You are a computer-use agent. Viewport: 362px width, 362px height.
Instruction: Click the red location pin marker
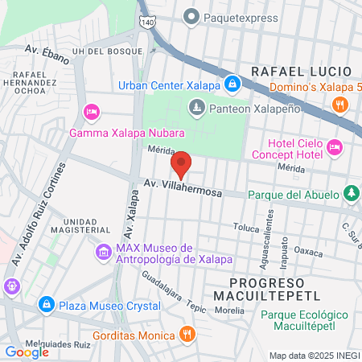click(x=181, y=164)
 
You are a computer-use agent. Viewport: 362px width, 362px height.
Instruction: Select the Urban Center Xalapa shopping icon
click(x=232, y=84)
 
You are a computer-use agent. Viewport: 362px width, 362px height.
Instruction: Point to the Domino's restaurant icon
click(x=340, y=104)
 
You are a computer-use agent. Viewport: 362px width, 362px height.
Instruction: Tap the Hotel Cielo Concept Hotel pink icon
click(x=334, y=146)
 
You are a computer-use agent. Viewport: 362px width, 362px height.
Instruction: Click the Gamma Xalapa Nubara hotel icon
click(x=91, y=111)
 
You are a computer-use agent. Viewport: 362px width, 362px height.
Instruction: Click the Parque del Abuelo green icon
click(x=352, y=193)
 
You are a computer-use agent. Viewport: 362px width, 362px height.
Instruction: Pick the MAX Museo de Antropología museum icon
click(x=103, y=253)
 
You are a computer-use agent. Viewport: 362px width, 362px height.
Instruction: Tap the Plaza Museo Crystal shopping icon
click(x=47, y=305)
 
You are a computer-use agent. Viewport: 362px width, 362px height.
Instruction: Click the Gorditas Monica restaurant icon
click(x=187, y=334)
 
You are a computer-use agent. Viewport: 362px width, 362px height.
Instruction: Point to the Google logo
click(x=27, y=352)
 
